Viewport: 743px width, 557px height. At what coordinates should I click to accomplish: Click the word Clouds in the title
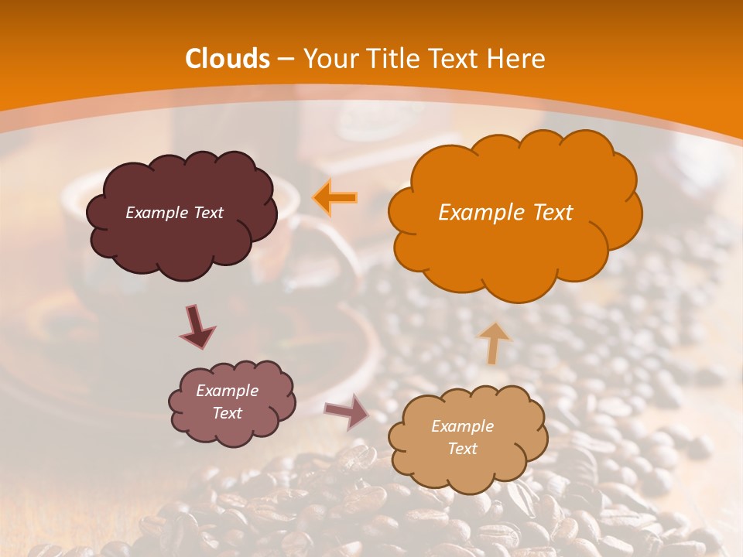click(x=228, y=59)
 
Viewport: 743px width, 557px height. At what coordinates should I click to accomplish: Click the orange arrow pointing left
click(x=335, y=198)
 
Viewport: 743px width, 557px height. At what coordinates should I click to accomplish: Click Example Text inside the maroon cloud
click(x=174, y=213)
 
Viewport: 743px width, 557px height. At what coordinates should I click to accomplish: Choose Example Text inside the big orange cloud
click(x=505, y=213)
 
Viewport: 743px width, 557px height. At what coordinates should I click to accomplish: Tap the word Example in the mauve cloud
click(x=227, y=391)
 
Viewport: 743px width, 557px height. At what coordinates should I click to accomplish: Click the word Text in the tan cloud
click(x=462, y=449)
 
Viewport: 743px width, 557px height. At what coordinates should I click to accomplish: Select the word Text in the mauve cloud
click(x=227, y=413)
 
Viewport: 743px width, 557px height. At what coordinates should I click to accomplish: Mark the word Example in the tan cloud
click(x=462, y=426)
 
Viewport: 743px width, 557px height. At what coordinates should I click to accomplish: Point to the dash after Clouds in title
click(x=286, y=60)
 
